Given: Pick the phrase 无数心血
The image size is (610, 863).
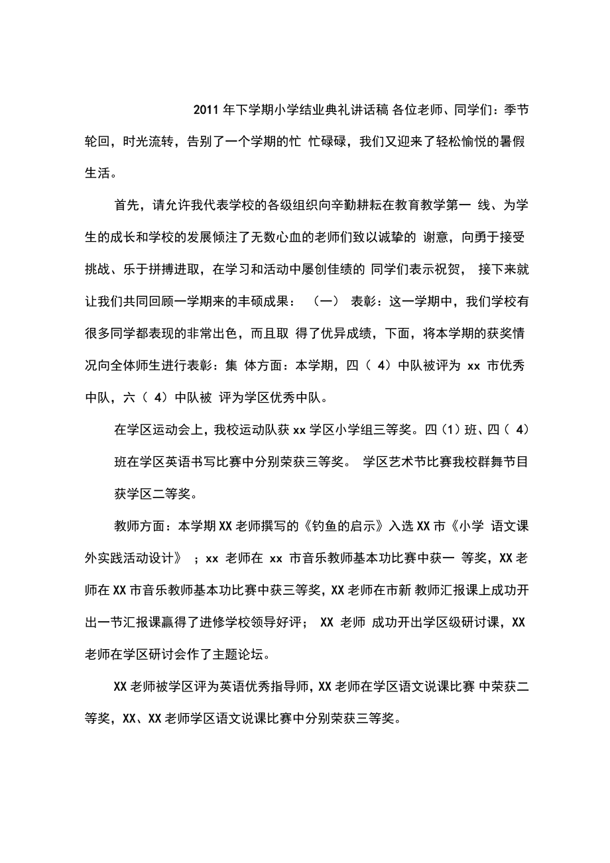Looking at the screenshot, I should pyautogui.click(x=320, y=237).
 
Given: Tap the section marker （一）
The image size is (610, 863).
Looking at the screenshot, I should pyautogui.click(x=326, y=302).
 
